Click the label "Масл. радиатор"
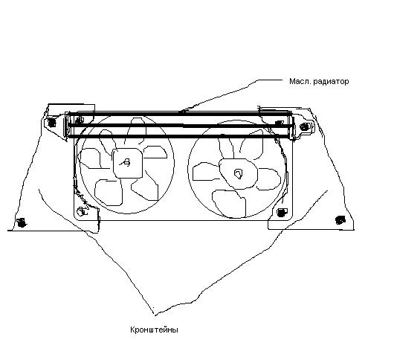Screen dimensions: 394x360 (x=319, y=82)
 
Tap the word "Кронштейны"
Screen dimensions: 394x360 (x=154, y=330)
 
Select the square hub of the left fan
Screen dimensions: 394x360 (x=128, y=163)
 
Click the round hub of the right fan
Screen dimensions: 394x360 (x=238, y=173)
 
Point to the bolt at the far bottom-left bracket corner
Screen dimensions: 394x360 (x=22, y=222)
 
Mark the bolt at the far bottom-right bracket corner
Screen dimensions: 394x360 (x=340, y=220)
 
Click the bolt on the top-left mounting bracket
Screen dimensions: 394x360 (x=52, y=123)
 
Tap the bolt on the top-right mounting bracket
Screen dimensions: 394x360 (x=305, y=127)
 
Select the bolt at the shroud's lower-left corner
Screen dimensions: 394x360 (x=83, y=211)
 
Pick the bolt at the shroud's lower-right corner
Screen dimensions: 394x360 (x=282, y=213)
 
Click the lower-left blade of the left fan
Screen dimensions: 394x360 (x=109, y=192)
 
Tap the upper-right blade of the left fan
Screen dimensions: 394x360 (x=155, y=152)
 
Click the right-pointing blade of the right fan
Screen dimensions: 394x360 (x=269, y=179)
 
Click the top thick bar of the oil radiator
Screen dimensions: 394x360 (x=179, y=115)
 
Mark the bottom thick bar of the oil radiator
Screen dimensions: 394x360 (x=179, y=136)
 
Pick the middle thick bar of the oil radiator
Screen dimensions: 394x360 (x=179, y=125)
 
